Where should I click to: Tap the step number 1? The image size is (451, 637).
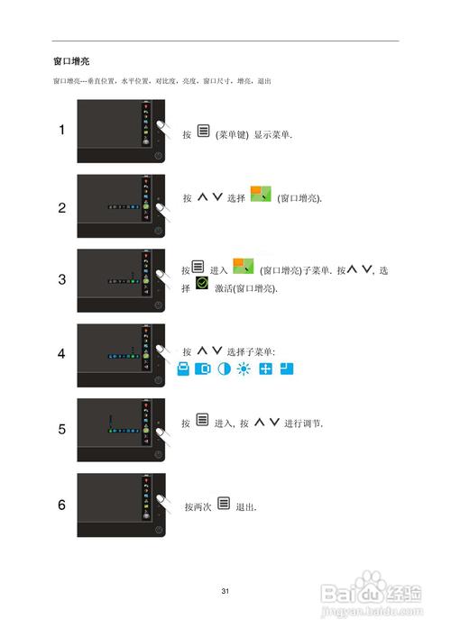tap(61, 130)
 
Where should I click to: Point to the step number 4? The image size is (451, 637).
tap(61, 354)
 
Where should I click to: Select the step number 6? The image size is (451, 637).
tap(61, 505)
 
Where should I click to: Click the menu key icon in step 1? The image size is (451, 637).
tap(203, 132)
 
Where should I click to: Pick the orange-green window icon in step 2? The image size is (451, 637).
tap(261, 194)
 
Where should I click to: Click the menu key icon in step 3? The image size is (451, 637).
tap(198, 268)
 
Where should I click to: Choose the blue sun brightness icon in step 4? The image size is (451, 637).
tap(242, 370)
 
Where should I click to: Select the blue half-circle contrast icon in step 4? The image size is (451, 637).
tap(222, 370)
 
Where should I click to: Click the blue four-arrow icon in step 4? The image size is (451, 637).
tap(265, 370)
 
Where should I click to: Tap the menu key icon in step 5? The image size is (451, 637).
tap(202, 421)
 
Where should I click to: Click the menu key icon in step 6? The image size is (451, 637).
tap(224, 505)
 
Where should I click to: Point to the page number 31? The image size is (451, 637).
tap(225, 591)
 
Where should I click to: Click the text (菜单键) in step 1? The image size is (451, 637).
tap(232, 134)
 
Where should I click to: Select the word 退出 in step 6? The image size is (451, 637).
tap(245, 507)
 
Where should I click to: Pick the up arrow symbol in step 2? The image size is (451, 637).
tap(202, 196)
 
